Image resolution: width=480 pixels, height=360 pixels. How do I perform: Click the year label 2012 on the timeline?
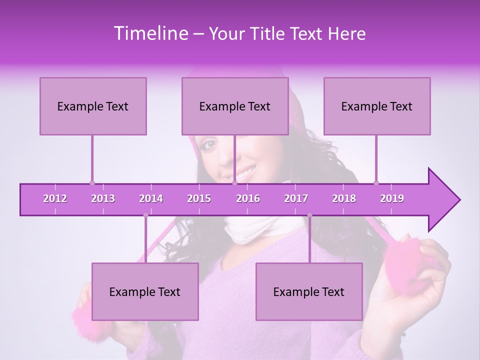55,198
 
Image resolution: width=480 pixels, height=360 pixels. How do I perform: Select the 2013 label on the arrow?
103,198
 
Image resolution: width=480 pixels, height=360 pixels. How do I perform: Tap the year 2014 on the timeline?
151,198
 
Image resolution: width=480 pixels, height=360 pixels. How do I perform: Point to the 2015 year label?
199,198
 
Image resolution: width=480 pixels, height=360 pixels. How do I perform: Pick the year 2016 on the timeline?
248,198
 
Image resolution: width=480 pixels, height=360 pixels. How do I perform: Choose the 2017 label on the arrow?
296,198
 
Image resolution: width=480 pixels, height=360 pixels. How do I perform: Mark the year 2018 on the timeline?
344,198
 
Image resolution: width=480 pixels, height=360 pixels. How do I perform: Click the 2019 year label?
392,198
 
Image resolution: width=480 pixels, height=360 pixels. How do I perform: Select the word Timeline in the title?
150,33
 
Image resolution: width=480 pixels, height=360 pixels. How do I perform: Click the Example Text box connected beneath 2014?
145,291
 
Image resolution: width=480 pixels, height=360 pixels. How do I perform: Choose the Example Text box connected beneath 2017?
309,291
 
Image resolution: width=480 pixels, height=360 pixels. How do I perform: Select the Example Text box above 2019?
377,106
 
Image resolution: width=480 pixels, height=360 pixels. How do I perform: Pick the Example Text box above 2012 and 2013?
93,106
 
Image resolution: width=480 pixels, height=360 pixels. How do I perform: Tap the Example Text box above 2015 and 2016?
235,106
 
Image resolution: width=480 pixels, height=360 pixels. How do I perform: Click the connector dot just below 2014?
145,215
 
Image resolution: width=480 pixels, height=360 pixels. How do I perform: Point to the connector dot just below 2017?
309,215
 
